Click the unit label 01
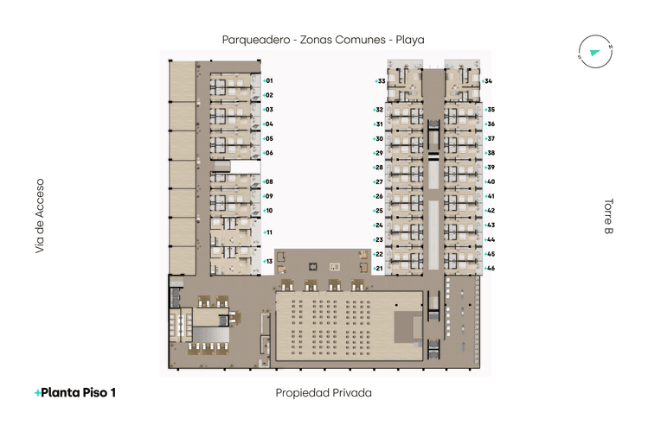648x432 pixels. click(269, 80)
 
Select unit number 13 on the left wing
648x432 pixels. click(269, 261)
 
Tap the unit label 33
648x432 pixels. click(381, 81)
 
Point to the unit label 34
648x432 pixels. click(489, 81)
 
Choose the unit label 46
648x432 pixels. click(490, 269)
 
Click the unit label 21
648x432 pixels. click(378, 269)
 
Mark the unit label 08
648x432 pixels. click(269, 181)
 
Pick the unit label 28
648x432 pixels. click(378, 168)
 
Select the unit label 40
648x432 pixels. click(490, 181)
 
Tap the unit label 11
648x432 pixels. click(269, 232)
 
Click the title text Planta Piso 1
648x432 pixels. click(75, 393)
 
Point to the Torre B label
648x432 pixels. click(608, 217)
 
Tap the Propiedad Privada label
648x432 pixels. click(324, 393)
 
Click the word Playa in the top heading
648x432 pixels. click(410, 39)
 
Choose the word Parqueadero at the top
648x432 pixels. click(256, 39)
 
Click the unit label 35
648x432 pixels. click(490, 110)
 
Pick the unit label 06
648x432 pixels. click(269, 153)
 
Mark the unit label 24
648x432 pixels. click(378, 226)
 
